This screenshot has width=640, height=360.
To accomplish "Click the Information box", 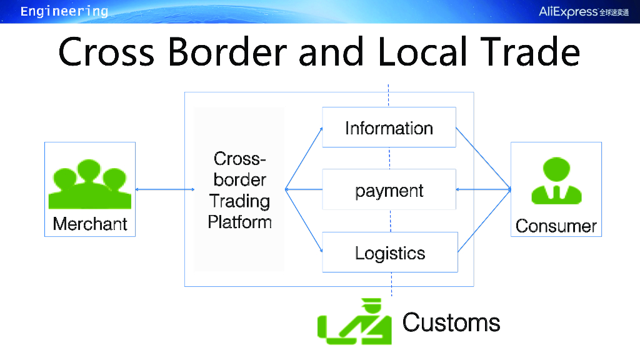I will point(389,127).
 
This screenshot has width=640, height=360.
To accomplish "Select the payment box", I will point(389,190).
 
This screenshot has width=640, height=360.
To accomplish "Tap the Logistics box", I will point(390,252).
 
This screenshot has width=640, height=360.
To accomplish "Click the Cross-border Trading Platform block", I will point(239,189).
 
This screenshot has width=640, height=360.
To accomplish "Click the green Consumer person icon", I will point(556,181).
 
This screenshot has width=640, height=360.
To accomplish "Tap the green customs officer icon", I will point(354,321).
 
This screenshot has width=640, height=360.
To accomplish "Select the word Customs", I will point(451,322).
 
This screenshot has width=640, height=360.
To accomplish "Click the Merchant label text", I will point(90,224).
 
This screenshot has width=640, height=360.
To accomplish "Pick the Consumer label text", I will point(556,226).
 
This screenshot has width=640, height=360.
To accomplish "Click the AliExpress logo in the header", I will point(584,12).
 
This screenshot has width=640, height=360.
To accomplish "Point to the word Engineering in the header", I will point(64,11).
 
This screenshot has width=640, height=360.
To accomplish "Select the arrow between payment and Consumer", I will point(484,189).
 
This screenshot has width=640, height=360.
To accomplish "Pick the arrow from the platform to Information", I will point(304,158).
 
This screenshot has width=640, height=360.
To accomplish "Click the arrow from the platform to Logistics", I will point(304,221).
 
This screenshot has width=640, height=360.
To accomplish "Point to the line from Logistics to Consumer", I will point(484,221).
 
